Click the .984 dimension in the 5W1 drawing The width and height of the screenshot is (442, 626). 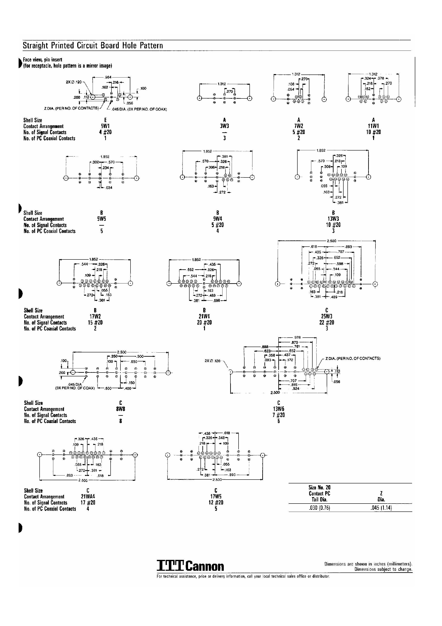[108, 77]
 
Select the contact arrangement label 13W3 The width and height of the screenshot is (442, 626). [333, 219]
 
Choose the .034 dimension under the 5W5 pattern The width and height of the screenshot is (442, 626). [109, 188]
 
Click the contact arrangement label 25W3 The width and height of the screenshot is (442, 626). [327, 316]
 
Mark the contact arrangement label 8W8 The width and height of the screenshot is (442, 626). [120, 409]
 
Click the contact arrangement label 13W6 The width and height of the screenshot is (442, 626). [279, 409]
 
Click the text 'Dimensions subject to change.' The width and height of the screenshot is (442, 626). [383, 569]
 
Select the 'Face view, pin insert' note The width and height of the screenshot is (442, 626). [43, 60]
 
